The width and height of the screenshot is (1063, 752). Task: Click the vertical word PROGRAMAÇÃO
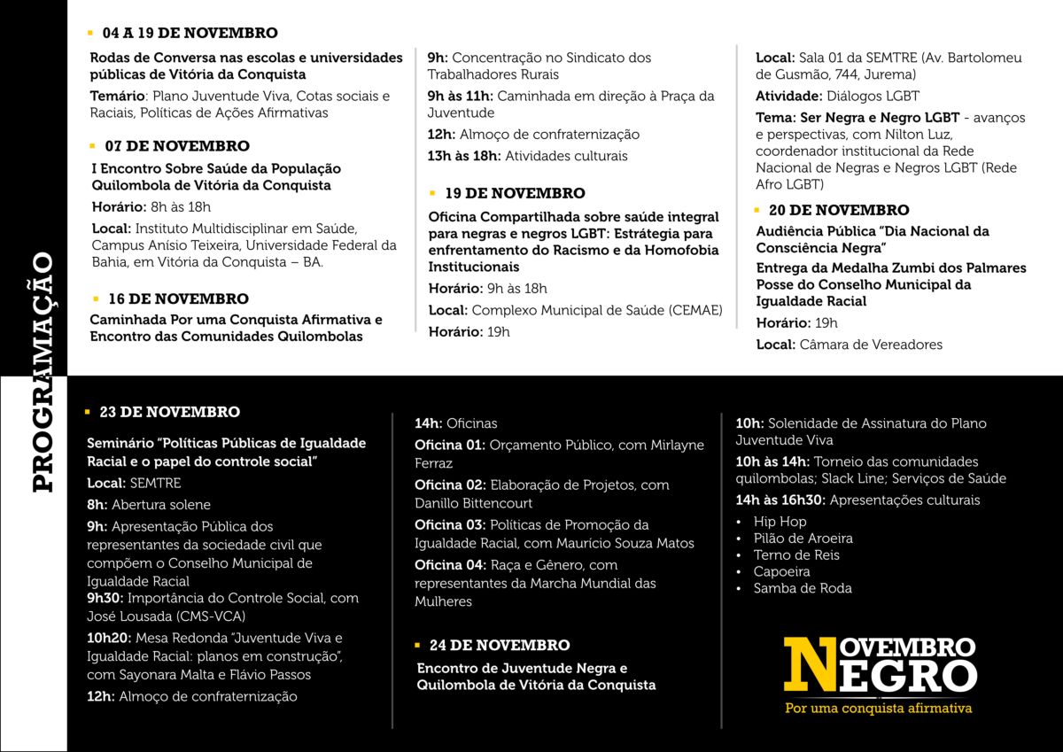42,373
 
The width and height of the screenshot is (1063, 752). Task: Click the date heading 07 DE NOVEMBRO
176,145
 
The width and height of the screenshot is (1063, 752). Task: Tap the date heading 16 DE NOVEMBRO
178,298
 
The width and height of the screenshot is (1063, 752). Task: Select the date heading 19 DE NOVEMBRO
515,193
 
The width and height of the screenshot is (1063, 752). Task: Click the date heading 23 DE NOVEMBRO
169,412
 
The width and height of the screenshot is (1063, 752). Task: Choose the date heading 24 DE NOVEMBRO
500,645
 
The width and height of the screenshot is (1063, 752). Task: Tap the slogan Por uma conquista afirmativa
878,708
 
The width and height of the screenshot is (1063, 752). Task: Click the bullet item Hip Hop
780,522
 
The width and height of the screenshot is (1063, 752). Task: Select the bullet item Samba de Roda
802,588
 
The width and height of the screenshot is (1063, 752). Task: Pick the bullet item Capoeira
781,571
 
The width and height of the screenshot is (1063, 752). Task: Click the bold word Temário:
119,96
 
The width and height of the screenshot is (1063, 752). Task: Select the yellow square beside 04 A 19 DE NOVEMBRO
90,34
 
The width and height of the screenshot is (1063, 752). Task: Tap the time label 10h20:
109,637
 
